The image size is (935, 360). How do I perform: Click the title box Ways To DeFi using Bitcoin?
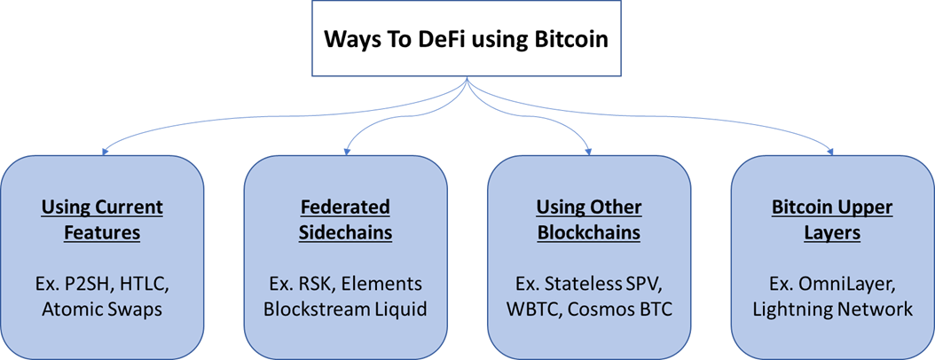pos(467,40)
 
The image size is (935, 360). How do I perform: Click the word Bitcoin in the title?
pos(574,41)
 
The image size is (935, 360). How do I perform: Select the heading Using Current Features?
pos(102,220)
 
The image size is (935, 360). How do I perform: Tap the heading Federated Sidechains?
pos(345,220)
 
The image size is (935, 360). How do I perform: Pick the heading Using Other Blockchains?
pos(589,220)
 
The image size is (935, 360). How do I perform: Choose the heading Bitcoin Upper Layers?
pos(832,220)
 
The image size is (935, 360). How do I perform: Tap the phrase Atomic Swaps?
pos(102,309)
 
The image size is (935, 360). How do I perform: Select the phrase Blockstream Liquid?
pos(345,309)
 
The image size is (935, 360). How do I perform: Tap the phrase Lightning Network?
pos(832,309)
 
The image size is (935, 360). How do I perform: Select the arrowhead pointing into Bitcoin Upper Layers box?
pos(831,151)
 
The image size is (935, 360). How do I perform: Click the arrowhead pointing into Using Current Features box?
pos(106,151)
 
